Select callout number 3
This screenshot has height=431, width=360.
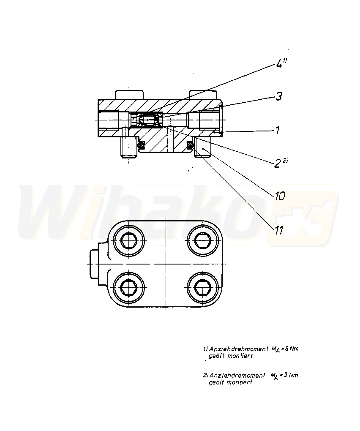[x=278, y=96]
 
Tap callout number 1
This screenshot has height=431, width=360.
[x=278, y=130]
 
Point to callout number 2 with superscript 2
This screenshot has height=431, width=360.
[x=281, y=162]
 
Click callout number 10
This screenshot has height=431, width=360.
[x=280, y=196]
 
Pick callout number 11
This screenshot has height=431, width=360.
[x=278, y=230]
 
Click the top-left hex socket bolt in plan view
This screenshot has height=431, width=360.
[x=129, y=241]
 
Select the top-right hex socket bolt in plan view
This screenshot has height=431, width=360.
[x=203, y=241]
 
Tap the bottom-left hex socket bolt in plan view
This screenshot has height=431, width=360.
[x=129, y=287]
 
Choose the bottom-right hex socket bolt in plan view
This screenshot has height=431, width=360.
[x=203, y=287]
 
